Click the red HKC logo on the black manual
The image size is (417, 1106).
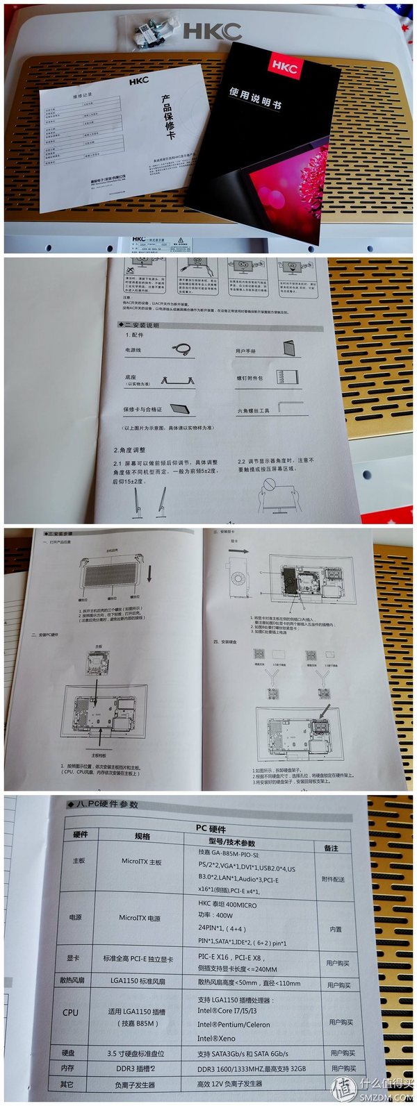click(x=284, y=67)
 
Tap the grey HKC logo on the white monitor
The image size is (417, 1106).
click(x=212, y=31)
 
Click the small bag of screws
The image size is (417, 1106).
click(x=149, y=31)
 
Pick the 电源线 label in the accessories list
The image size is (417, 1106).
click(x=133, y=350)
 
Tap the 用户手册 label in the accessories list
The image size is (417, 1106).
click(x=246, y=351)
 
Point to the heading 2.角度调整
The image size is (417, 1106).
click(x=130, y=450)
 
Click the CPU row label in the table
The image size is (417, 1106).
click(x=70, y=1012)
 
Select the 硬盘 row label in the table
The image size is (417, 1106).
click(x=67, y=1053)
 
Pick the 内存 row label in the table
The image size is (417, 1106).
click(x=67, y=1068)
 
